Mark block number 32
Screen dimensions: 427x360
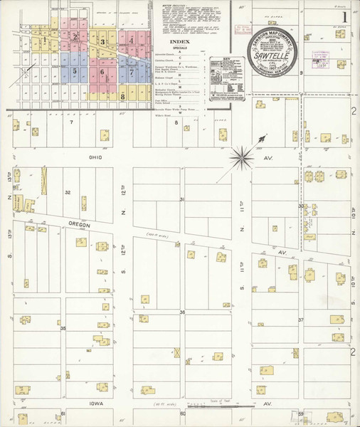pos(68,192)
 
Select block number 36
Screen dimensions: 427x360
pos(182,312)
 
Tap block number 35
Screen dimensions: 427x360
pos(63,328)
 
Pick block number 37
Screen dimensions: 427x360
pos(300,320)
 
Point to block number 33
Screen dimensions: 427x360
pos(301,206)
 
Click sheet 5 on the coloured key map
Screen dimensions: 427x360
pos(74,71)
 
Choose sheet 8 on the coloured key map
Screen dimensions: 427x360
pos(122,95)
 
